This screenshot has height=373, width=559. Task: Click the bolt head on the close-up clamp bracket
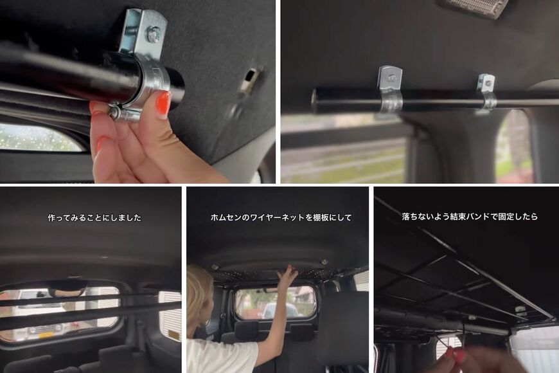coord(153,34)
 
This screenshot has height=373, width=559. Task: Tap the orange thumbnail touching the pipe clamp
coord(163,103)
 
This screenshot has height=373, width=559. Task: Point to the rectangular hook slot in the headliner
coord(250,80)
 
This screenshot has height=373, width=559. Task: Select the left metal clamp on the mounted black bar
coord(390,90)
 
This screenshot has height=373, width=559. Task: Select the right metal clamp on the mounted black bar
coord(486,91)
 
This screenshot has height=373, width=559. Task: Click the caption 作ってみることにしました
coord(94,217)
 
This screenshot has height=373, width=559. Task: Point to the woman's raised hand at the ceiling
coord(287,275)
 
